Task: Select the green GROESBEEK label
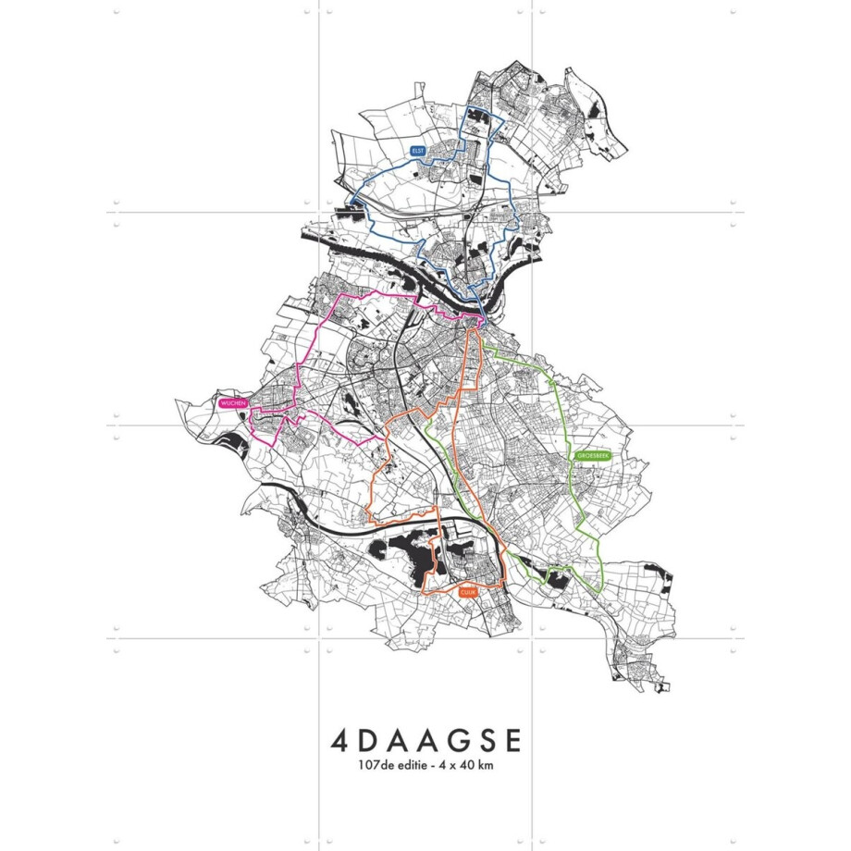[589, 456]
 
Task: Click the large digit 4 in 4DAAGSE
[339, 742]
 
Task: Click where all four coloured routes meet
[480, 320]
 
